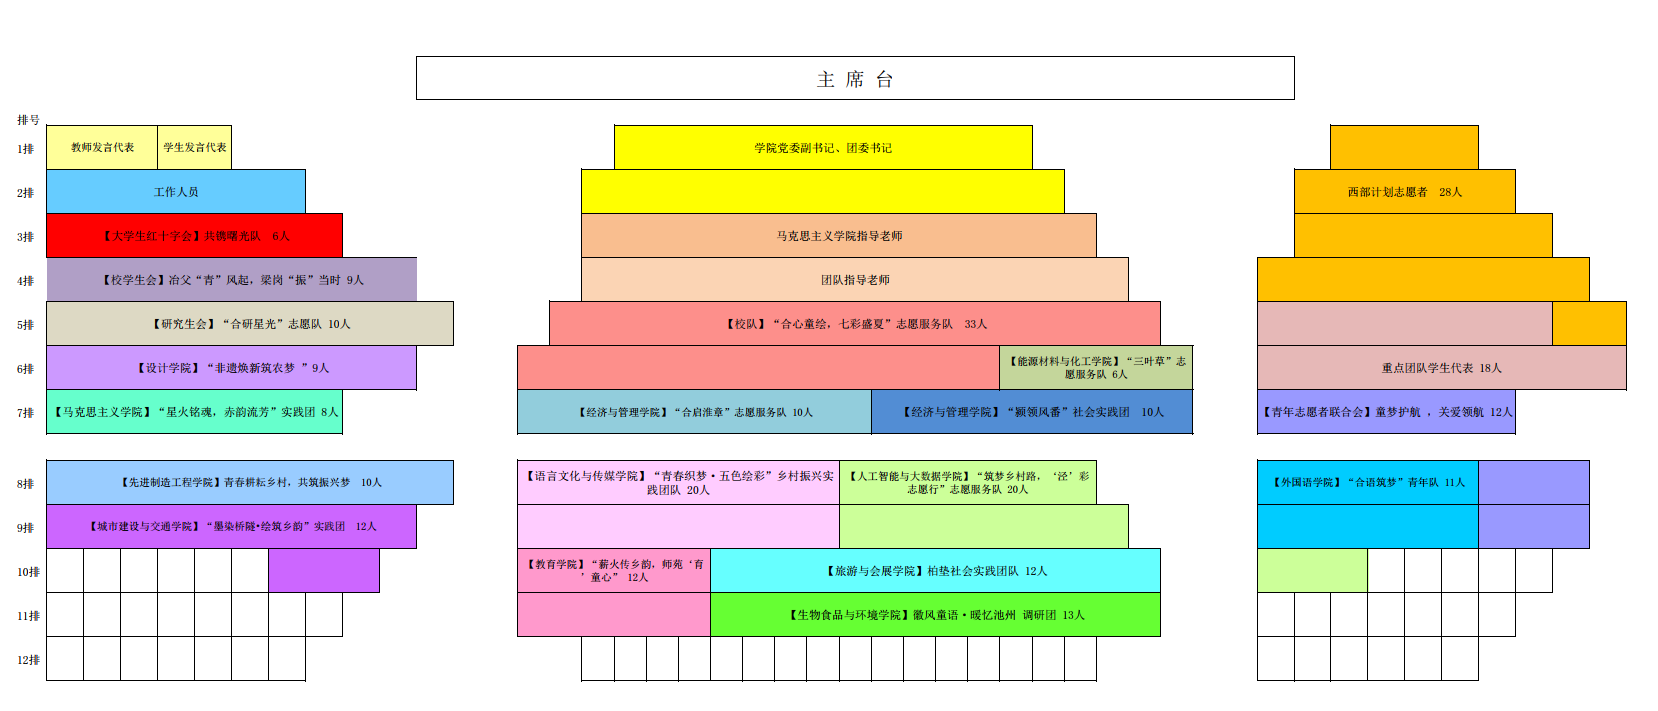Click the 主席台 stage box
point(855,78)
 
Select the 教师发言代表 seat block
point(102,147)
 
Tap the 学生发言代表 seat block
point(195,147)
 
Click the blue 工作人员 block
point(176,191)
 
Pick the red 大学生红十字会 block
point(195,235)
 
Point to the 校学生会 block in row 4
point(232,279)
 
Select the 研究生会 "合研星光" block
point(250,323)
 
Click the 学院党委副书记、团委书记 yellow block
point(823,147)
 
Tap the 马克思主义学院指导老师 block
point(839,235)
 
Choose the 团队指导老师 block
point(855,279)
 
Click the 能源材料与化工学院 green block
point(1096,367)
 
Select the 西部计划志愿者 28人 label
point(1404,191)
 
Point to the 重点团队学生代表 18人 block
point(1441,367)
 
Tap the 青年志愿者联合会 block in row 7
point(1386,411)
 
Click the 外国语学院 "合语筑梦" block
point(1368,482)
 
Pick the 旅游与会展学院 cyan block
point(935,570)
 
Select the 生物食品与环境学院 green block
point(935,614)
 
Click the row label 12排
point(28,660)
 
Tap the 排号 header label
point(28,120)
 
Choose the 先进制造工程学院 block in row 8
point(250,482)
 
